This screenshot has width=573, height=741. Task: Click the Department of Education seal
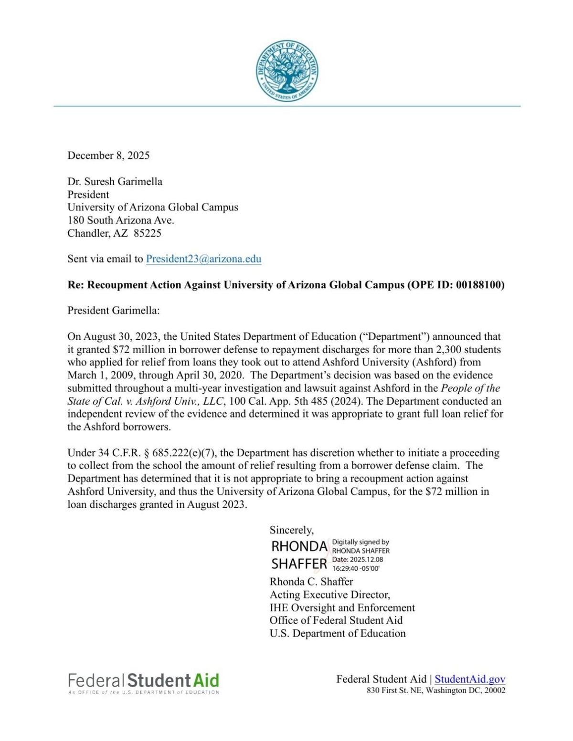pyautogui.click(x=286, y=71)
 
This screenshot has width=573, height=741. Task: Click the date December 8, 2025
pyautogui.click(x=108, y=156)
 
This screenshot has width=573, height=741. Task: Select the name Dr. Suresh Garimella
pyautogui.click(x=115, y=181)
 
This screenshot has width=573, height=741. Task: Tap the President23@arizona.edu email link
pyautogui.click(x=203, y=259)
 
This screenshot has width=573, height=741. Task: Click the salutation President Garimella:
pyautogui.click(x=113, y=311)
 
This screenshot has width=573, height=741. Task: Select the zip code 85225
pyautogui.click(x=148, y=233)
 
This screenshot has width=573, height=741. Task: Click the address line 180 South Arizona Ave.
pyautogui.click(x=121, y=220)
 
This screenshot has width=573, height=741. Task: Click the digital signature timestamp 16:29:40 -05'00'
pyautogui.click(x=356, y=568)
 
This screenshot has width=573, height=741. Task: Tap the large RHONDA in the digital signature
pyautogui.click(x=299, y=546)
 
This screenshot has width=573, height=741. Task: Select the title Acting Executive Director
pyautogui.click(x=329, y=595)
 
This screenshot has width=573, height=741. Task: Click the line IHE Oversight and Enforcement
pyautogui.click(x=342, y=607)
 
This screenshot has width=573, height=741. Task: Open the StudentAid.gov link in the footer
pyautogui.click(x=470, y=679)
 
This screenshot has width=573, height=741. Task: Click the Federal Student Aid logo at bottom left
pyautogui.click(x=143, y=682)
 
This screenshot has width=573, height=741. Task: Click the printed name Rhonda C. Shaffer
pyautogui.click(x=311, y=582)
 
